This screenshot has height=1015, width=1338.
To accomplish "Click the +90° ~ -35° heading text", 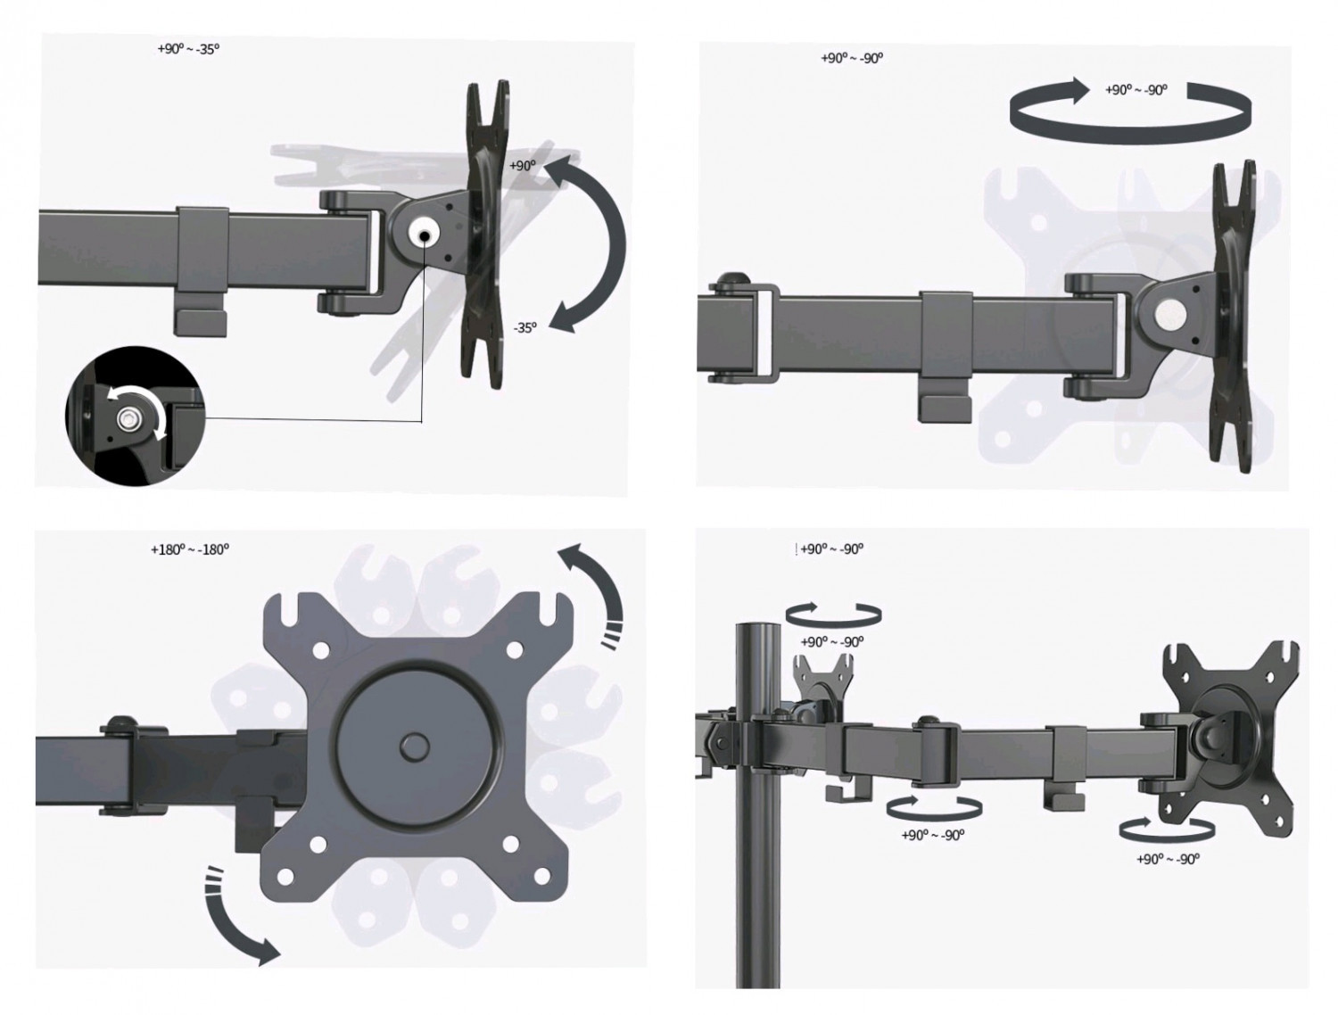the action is point(188,49).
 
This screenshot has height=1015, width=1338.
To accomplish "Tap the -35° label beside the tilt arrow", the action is point(524,327).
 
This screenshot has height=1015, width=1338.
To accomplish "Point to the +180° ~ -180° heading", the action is point(190,549).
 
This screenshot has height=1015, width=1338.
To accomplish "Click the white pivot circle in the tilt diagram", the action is point(424,235).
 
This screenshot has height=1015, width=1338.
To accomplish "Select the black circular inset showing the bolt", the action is point(136,417).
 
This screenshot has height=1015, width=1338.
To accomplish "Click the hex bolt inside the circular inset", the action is point(128,418).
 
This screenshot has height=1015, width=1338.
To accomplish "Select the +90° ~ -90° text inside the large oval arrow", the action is point(1136,90).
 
